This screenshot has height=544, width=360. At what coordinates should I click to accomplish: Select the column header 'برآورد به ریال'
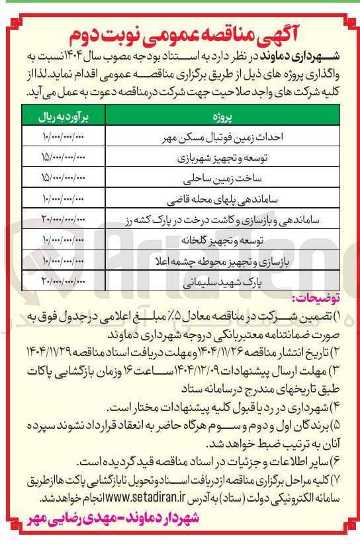[x=65, y=119]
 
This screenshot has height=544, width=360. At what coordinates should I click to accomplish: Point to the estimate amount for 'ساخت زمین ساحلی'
[x=64, y=179]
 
